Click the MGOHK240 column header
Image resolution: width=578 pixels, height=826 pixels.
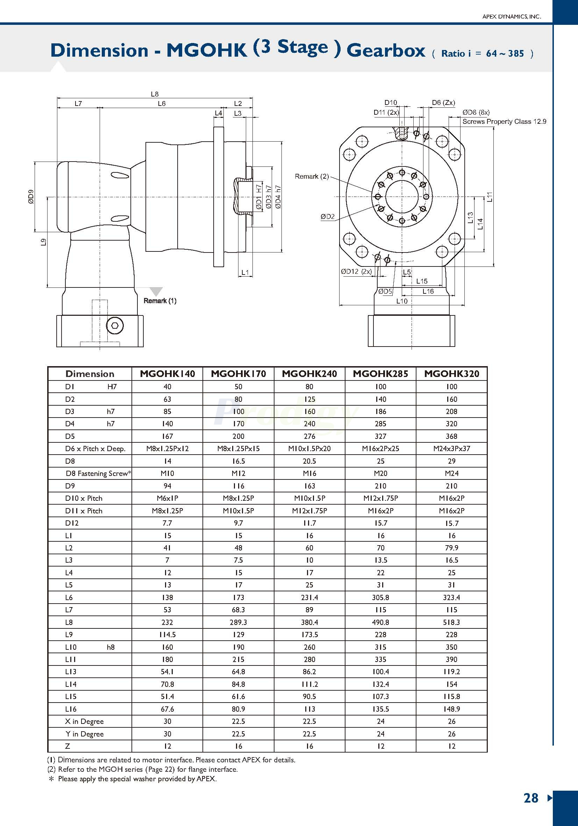coord(309,373)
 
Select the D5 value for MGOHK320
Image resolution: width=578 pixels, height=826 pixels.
coord(451,436)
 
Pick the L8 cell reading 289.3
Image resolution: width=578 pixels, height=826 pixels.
coord(238,622)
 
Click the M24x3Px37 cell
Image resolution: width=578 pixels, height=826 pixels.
coord(451,449)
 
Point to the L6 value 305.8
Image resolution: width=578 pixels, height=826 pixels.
coord(380,597)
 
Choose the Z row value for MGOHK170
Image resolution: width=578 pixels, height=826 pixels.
coord(238,746)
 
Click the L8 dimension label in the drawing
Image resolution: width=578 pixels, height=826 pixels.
coord(155,94)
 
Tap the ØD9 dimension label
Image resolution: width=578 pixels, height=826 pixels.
coord(31,197)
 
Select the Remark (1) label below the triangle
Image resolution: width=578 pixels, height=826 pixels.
coord(160,301)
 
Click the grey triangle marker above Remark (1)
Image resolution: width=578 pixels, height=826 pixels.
coord(156,291)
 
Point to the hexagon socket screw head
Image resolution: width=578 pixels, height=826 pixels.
coord(115,326)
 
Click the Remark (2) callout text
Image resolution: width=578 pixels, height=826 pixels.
coord(312,176)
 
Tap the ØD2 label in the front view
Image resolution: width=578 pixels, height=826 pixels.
coord(327,216)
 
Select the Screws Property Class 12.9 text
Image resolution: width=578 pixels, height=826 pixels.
coord(504,122)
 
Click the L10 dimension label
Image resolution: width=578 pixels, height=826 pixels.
coord(401,301)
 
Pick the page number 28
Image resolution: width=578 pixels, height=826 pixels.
coord(530,798)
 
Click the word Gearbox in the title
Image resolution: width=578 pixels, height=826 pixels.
coord(386,50)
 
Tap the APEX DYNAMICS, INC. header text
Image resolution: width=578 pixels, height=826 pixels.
coord(511,16)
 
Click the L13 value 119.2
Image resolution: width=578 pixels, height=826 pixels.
coord(451,672)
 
